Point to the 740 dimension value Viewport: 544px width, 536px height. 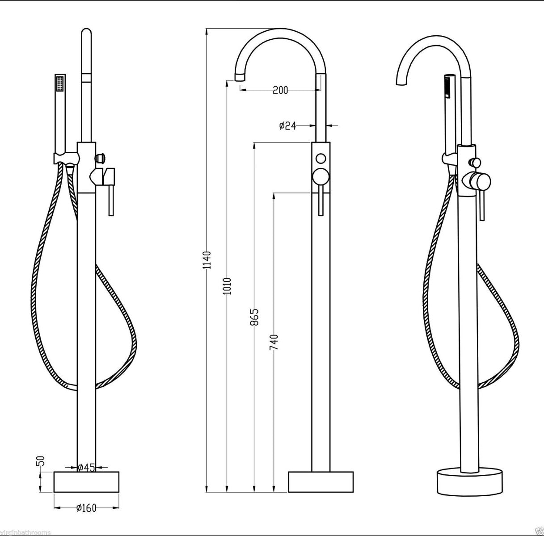(274, 342)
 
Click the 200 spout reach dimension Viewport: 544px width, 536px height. (280, 90)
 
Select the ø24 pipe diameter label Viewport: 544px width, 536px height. (287, 126)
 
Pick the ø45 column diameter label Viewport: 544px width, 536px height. (86, 468)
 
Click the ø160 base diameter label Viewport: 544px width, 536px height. (86, 508)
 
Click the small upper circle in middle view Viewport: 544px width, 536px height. (320, 158)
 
